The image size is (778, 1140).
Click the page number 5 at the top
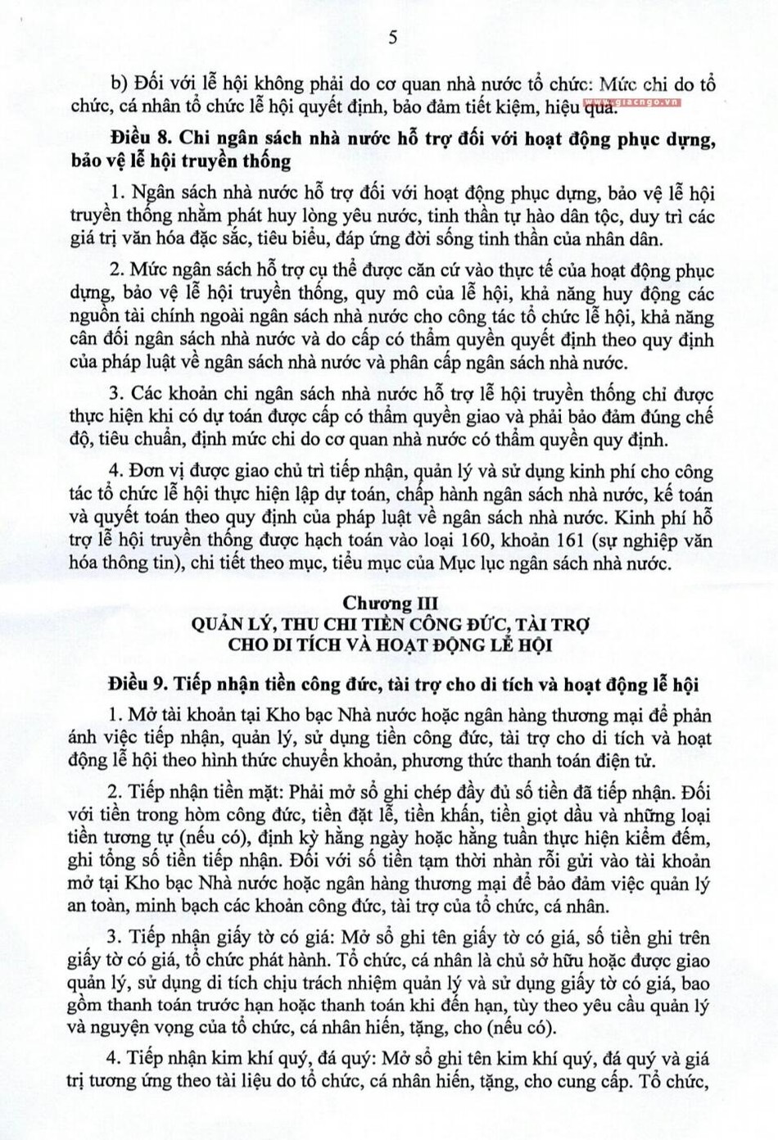tap(392, 37)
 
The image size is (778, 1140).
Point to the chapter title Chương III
tap(390, 603)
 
